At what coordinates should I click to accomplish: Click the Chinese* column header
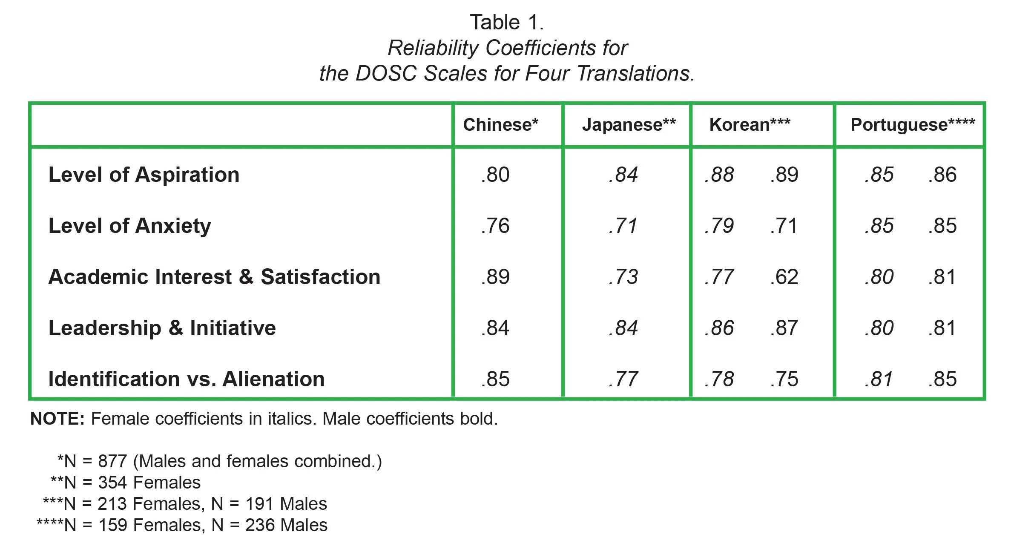tap(500, 125)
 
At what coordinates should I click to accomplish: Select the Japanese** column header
tap(629, 125)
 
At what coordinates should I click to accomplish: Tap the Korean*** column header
tap(750, 125)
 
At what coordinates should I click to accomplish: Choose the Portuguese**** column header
tap(913, 125)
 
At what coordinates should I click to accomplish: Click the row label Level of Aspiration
tap(144, 175)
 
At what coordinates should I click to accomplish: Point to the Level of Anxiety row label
tap(129, 226)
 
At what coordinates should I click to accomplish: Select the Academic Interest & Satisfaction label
tap(214, 277)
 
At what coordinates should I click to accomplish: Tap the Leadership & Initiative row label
tap(162, 328)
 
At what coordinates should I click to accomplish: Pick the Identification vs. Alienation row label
tap(187, 379)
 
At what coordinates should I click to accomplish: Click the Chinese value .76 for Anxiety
tap(495, 226)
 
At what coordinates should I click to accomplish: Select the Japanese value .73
tap(623, 277)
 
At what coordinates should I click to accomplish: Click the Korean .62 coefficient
tap(784, 277)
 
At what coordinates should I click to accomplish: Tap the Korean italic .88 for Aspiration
tap(719, 175)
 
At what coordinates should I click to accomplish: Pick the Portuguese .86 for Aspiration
tap(942, 175)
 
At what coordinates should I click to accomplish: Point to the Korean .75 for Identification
tap(784, 379)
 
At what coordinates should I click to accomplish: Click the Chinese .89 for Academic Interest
tap(495, 277)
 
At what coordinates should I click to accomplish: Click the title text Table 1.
tap(507, 22)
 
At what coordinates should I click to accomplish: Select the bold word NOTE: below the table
tap(58, 419)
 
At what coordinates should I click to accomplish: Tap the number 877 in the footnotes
tap(112, 461)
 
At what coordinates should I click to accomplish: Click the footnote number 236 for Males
tap(259, 525)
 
